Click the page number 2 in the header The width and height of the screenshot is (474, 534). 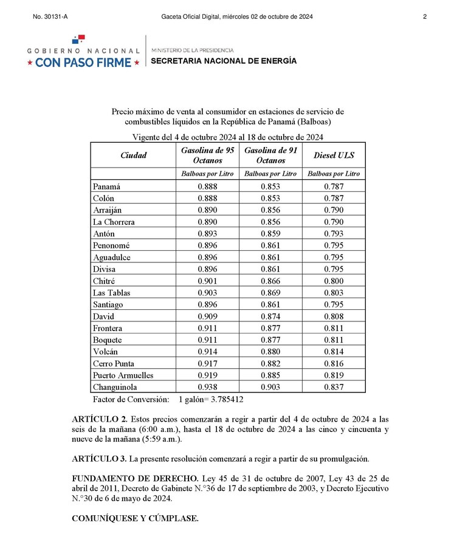425,17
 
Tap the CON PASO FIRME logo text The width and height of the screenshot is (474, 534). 83,62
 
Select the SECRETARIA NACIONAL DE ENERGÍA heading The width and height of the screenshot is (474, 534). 224,61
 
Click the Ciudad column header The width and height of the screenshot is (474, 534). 133,156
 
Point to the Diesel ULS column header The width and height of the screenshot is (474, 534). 334,156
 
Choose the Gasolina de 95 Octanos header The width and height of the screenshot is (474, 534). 208,156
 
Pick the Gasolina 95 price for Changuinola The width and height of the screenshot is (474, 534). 208,387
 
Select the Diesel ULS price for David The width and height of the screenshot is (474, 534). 334,317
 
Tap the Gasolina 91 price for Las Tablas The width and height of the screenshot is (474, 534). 270,293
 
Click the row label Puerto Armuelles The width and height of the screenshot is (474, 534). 123,375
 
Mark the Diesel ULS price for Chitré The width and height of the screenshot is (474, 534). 334,281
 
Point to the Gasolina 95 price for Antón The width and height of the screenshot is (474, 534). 208,234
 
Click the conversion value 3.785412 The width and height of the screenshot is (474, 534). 223,400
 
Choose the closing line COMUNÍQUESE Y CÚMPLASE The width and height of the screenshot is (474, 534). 135,518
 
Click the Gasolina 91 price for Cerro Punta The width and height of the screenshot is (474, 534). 270,364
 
